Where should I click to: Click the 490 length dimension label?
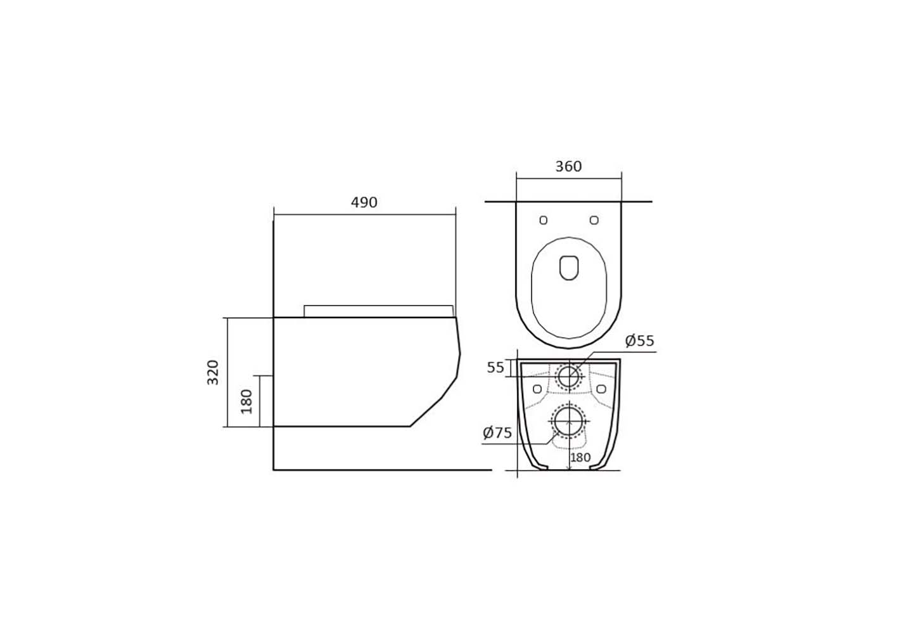coord(364,202)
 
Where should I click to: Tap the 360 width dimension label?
coord(568,166)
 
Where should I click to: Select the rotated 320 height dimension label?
coord(213,372)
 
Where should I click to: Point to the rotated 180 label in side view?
coord(246,401)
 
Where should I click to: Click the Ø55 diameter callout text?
coord(639,341)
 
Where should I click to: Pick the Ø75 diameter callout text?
coord(497,433)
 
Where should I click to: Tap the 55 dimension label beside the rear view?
coord(495,368)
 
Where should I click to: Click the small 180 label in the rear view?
coord(580,458)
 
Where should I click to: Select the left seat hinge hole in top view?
coord(543,220)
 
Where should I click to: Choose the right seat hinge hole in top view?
coord(594,220)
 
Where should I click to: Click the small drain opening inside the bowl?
coord(570,268)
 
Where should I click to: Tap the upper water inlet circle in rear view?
coord(569,376)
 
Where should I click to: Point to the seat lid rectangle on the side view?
coord(378,311)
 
